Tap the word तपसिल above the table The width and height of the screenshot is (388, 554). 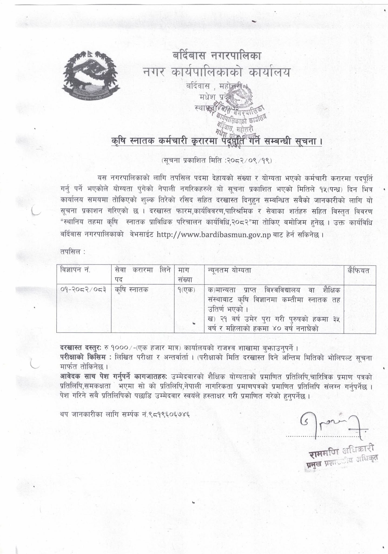click(71, 252)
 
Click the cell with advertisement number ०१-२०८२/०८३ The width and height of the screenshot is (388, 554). click(83, 290)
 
